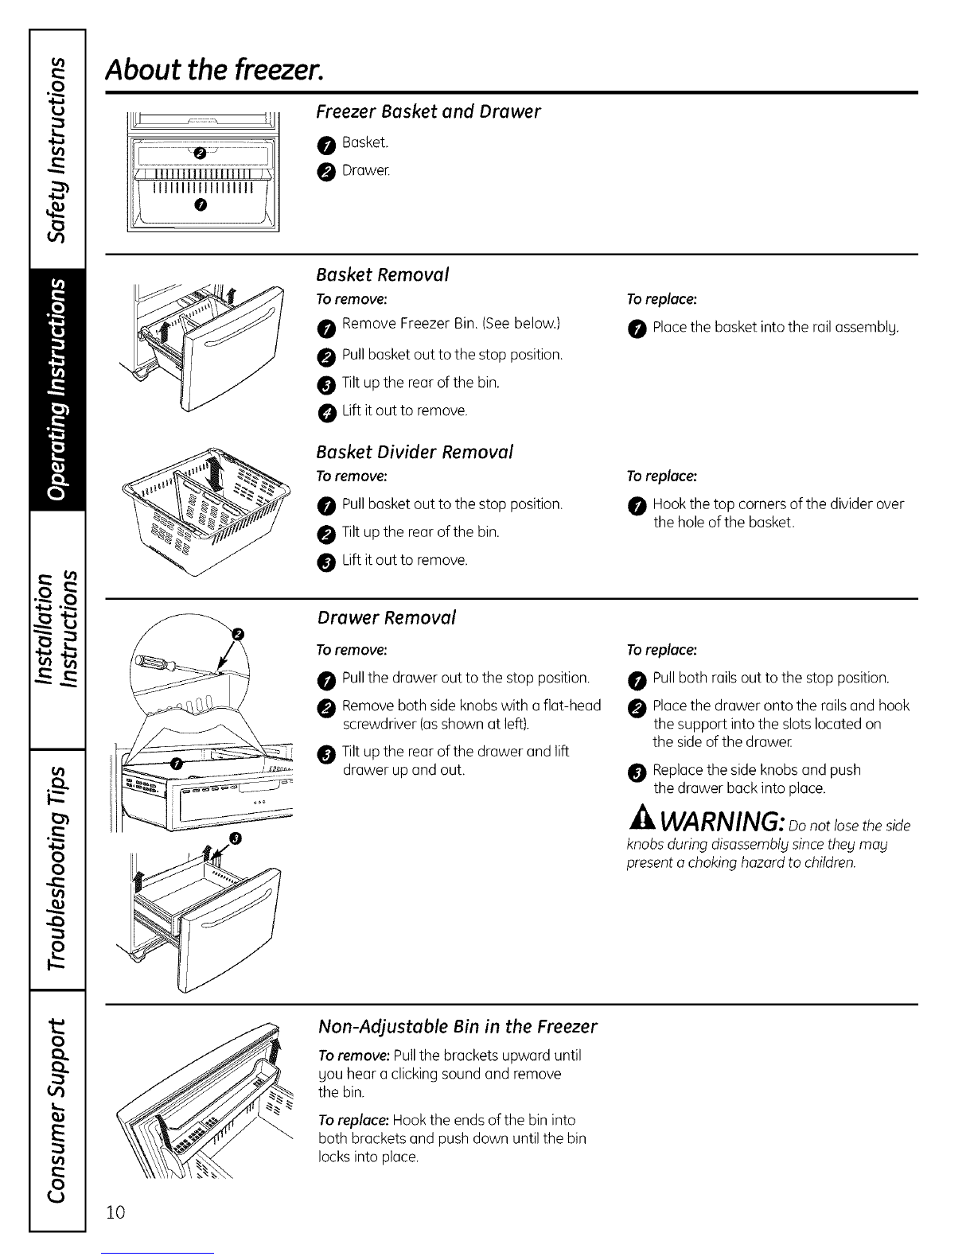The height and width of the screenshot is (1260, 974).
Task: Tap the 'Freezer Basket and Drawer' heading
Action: point(428,111)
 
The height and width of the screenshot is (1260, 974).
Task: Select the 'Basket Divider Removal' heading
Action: point(414,452)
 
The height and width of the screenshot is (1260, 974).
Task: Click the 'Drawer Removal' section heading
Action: point(386,617)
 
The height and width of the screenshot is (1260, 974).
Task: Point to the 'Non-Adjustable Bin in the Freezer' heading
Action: point(457,1026)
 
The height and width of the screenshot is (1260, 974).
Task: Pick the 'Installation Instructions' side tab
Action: point(56,630)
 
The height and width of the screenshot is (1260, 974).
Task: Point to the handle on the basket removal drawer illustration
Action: point(232,344)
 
